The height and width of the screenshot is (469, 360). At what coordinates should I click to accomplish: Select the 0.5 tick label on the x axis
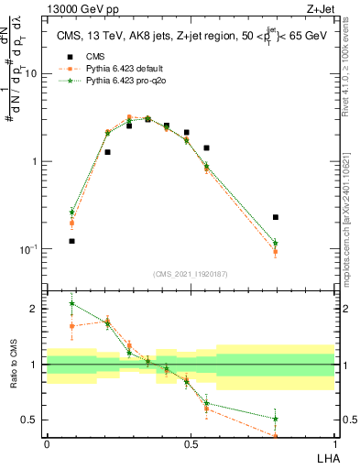click(x=190, y=444)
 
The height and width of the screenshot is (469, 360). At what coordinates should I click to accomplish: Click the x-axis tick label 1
click(x=333, y=444)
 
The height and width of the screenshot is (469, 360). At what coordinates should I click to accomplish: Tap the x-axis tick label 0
click(x=47, y=444)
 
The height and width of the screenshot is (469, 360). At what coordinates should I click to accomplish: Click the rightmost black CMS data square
click(x=276, y=217)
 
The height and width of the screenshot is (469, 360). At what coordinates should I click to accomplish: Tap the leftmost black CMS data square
click(x=71, y=241)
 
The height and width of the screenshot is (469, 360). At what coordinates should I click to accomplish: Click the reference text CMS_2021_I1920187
click(x=190, y=274)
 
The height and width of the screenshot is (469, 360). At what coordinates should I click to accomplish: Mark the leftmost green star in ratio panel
click(x=71, y=303)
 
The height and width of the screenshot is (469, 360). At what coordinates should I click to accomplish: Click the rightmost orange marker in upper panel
click(x=276, y=251)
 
